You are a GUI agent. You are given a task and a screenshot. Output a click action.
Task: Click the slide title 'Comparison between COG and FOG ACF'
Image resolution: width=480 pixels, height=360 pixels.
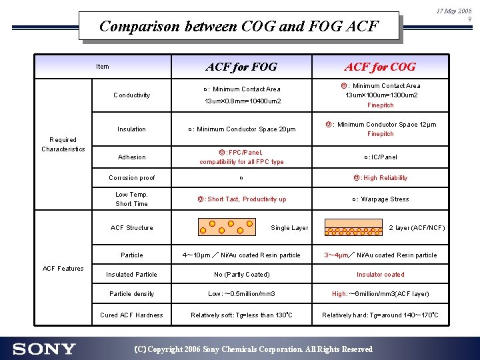(x=239, y=27)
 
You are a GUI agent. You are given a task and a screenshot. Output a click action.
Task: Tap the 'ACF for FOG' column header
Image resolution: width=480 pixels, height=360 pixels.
(x=241, y=67)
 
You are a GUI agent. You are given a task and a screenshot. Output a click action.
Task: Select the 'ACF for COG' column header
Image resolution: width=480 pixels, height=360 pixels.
(x=379, y=67)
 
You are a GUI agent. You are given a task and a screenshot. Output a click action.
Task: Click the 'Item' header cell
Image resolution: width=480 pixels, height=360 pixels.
(x=102, y=67)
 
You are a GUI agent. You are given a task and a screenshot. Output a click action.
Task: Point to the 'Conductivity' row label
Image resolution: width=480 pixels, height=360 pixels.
(x=131, y=95)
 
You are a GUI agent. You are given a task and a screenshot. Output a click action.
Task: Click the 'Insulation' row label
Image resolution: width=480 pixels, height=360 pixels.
(x=131, y=129)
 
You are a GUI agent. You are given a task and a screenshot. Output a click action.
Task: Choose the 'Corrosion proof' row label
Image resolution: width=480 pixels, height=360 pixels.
(x=131, y=178)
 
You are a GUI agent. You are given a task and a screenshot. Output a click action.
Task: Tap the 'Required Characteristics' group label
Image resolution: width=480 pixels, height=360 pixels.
(x=63, y=145)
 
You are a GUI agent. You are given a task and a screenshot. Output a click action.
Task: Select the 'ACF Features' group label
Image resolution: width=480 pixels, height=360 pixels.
(x=63, y=269)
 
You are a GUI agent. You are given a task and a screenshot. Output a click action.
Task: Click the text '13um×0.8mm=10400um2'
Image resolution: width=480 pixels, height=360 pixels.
(x=242, y=101)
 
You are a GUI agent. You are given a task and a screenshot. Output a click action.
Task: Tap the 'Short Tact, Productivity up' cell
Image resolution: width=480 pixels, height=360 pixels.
(x=241, y=199)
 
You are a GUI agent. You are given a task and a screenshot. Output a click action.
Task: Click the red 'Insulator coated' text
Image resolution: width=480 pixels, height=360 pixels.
(x=380, y=275)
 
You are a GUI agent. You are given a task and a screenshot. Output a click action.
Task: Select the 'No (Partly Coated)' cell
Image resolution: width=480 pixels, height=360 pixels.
(x=241, y=275)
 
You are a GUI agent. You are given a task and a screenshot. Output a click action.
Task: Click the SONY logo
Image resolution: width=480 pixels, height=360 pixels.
(x=44, y=349)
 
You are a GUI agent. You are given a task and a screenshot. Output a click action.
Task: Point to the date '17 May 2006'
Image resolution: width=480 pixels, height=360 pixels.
(x=454, y=11)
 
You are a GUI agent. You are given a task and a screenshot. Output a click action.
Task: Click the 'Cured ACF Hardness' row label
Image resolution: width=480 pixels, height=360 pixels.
(x=131, y=315)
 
